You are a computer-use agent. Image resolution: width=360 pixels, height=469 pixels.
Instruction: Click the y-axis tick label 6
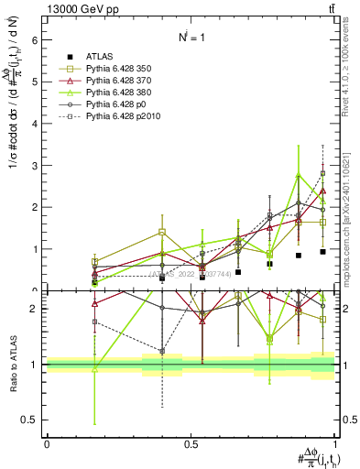click(x=34, y=39)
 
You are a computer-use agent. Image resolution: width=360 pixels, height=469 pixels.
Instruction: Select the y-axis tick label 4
click(x=34, y=123)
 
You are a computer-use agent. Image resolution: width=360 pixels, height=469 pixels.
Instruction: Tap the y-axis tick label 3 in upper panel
click(x=34, y=165)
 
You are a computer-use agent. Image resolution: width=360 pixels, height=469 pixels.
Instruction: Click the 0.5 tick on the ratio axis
click(x=30, y=420)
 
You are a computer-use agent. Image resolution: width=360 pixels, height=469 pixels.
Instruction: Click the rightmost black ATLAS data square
click(x=322, y=251)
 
